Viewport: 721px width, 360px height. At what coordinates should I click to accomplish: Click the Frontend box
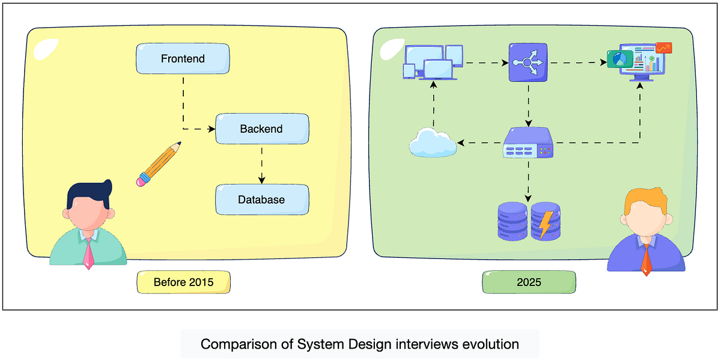point(183,59)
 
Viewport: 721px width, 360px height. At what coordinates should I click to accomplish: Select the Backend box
point(261,129)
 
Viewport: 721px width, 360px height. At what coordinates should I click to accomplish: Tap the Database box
point(261,200)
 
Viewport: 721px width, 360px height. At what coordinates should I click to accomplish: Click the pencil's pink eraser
point(142,179)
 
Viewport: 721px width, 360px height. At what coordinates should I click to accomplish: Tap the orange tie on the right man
point(646,260)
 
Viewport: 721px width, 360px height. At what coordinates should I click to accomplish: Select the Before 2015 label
point(183,282)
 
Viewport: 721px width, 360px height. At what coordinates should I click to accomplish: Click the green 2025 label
point(529,282)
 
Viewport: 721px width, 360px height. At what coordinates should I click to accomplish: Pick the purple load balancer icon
point(528,62)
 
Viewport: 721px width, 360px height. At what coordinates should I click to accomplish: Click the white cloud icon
point(432,144)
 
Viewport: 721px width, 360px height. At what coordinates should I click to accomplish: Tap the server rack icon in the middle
point(528,143)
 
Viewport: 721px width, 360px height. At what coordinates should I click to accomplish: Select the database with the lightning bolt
point(546,221)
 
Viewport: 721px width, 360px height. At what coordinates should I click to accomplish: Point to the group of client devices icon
point(433,62)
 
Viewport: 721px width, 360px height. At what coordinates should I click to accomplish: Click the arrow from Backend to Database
point(261,165)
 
